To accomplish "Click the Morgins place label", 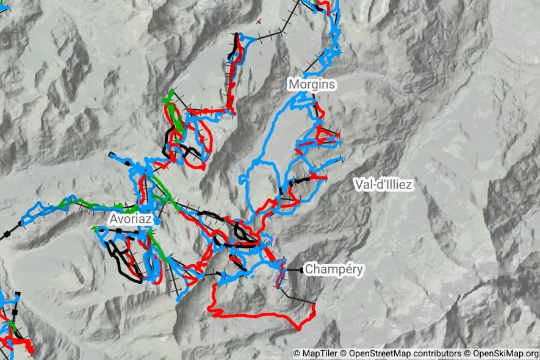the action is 312,84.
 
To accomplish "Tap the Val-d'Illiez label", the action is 383,184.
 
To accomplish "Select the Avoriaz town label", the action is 131,218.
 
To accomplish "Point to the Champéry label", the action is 334,269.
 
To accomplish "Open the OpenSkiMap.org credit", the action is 505,353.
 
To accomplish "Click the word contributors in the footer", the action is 437,353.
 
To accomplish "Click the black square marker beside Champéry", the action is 301,269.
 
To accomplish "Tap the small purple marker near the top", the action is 259,21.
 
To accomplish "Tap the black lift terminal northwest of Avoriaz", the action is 111,154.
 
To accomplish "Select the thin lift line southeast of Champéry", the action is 299,299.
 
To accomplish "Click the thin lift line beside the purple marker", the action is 272,27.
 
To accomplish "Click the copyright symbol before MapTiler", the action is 297,353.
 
